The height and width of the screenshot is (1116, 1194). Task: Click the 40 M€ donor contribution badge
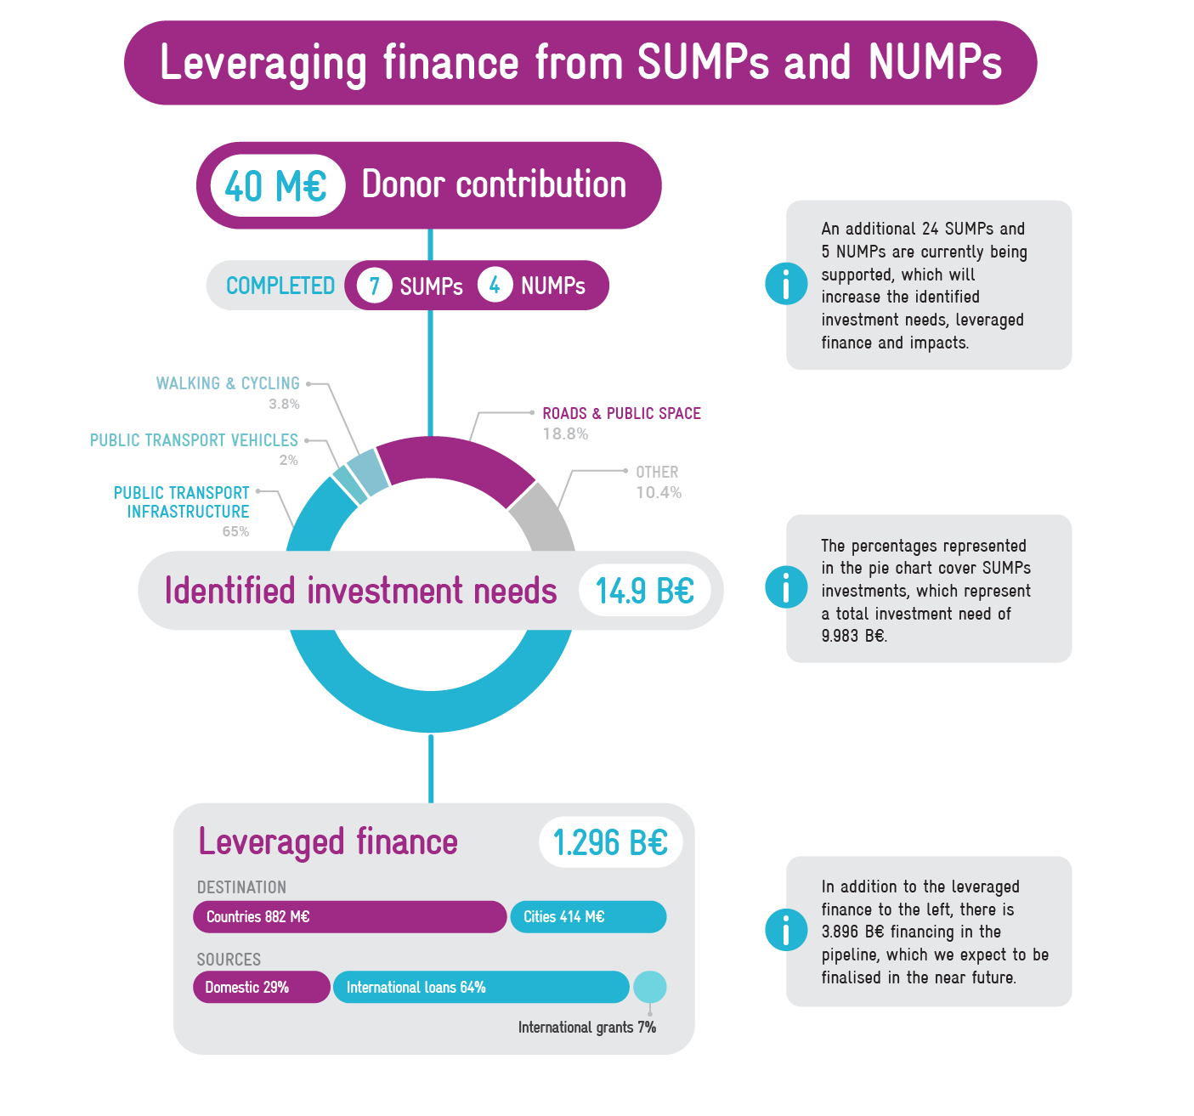click(x=275, y=185)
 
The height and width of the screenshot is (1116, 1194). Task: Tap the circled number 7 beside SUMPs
click(x=374, y=285)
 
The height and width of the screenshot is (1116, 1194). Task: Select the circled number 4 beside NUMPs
click(x=495, y=285)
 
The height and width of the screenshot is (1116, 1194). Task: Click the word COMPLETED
click(x=280, y=286)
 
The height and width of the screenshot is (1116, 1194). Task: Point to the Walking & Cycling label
click(x=228, y=383)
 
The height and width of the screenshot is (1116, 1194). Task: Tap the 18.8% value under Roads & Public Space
click(x=565, y=434)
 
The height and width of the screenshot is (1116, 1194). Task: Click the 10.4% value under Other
click(x=659, y=493)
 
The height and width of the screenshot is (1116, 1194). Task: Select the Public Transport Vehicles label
click(x=195, y=440)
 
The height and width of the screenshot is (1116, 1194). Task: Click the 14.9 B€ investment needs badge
click(x=644, y=591)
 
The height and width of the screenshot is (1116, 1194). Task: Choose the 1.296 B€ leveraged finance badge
click(x=610, y=843)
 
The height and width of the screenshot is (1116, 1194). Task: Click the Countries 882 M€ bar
click(x=349, y=917)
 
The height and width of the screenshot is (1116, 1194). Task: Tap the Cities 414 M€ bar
click(x=588, y=917)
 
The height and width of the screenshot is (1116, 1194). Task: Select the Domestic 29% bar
click(x=261, y=988)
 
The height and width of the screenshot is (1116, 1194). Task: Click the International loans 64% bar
click(x=480, y=988)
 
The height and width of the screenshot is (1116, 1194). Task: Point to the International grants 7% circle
click(x=650, y=988)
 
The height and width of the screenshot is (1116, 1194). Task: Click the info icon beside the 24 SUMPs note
click(x=786, y=283)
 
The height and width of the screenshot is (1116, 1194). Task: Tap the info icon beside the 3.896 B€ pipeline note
click(x=786, y=930)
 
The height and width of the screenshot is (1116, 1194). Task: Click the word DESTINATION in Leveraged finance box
click(x=241, y=887)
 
